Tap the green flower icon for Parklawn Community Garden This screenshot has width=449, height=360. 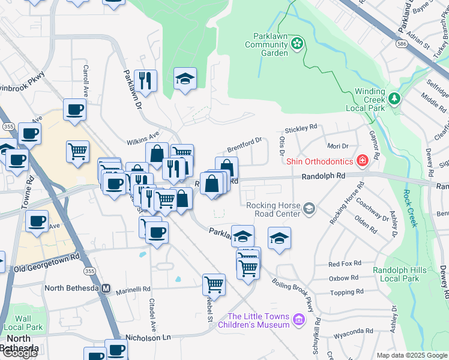click(297, 43)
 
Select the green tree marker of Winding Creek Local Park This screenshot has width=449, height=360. click(394, 98)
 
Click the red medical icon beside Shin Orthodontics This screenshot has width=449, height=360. click(362, 160)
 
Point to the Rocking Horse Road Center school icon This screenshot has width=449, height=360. click(309, 208)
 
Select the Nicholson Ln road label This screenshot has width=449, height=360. click(149, 337)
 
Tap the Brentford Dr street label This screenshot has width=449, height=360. click(245, 145)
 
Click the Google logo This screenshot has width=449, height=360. click(19, 353)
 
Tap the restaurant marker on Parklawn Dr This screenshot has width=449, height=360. click(145, 80)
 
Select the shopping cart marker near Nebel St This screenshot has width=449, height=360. click(214, 284)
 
